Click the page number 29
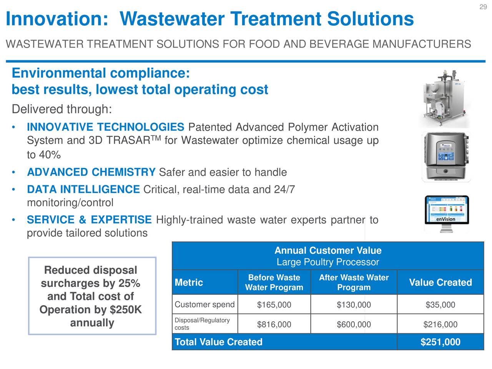(x=483, y=7)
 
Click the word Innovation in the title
(x=57, y=19)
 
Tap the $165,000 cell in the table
(x=274, y=305)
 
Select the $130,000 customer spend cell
(x=354, y=305)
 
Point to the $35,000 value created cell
(x=440, y=305)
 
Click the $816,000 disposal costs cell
(x=274, y=325)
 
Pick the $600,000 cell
(x=354, y=325)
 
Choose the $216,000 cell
(x=440, y=325)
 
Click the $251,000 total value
(x=440, y=342)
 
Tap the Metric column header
(x=189, y=283)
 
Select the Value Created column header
(x=440, y=283)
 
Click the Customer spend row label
(x=204, y=305)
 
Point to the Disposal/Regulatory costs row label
(x=202, y=324)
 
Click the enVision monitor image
(x=447, y=214)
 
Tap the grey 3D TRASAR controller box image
(x=446, y=157)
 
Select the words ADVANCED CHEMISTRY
(x=91, y=172)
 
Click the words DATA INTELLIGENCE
(x=83, y=189)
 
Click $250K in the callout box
(x=126, y=310)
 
